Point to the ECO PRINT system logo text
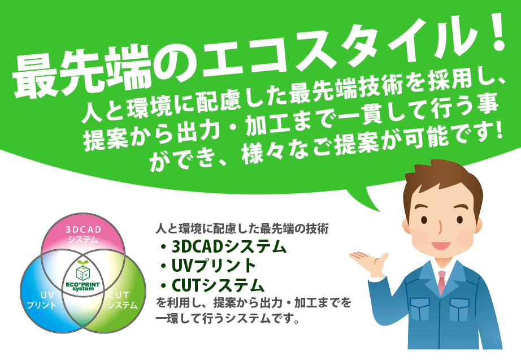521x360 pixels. click(x=83, y=287)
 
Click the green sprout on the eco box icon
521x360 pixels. click(x=83, y=264)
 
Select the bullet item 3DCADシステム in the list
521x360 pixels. click(x=223, y=246)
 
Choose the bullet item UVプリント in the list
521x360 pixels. click(x=208, y=266)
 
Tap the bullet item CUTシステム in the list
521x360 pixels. click(x=212, y=285)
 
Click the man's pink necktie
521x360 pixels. click(x=441, y=282)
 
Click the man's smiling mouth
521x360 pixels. click(x=441, y=246)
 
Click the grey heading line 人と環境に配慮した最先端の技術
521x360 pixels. click(x=242, y=229)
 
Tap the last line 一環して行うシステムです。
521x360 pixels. click(x=227, y=318)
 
